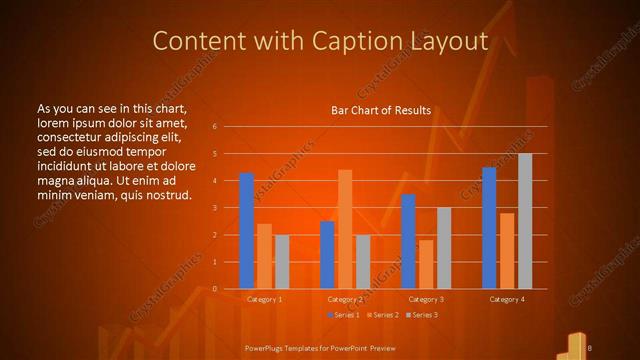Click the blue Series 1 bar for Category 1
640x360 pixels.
click(x=247, y=231)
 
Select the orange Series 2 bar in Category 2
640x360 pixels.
click(x=345, y=230)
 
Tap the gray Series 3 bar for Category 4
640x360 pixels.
click(x=525, y=221)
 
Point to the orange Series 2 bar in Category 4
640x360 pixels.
click(x=508, y=251)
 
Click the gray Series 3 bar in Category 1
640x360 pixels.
click(x=281, y=262)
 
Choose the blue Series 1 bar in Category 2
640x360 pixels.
click(x=327, y=255)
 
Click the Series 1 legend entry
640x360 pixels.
click(x=344, y=315)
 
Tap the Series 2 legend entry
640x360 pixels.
click(x=384, y=315)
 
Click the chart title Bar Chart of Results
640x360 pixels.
click(x=381, y=110)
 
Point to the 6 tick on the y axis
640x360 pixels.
click(x=215, y=127)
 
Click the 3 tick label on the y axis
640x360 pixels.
click(x=215, y=208)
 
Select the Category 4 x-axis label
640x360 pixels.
click(x=507, y=299)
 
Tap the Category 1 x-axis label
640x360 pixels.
click(x=264, y=299)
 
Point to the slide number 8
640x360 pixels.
click(x=592, y=347)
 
